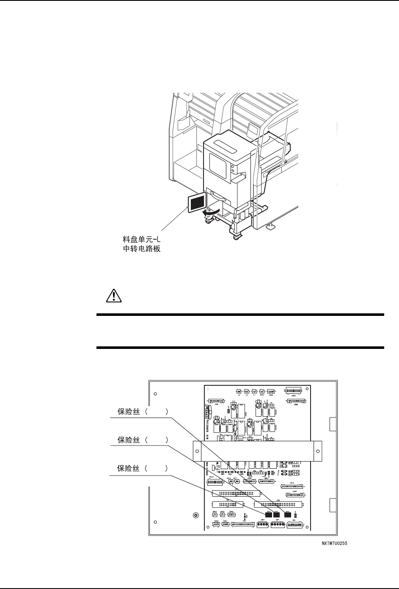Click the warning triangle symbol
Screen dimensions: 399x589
(112, 295)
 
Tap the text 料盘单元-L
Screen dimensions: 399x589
(139, 241)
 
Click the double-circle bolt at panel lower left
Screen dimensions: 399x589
(195, 515)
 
